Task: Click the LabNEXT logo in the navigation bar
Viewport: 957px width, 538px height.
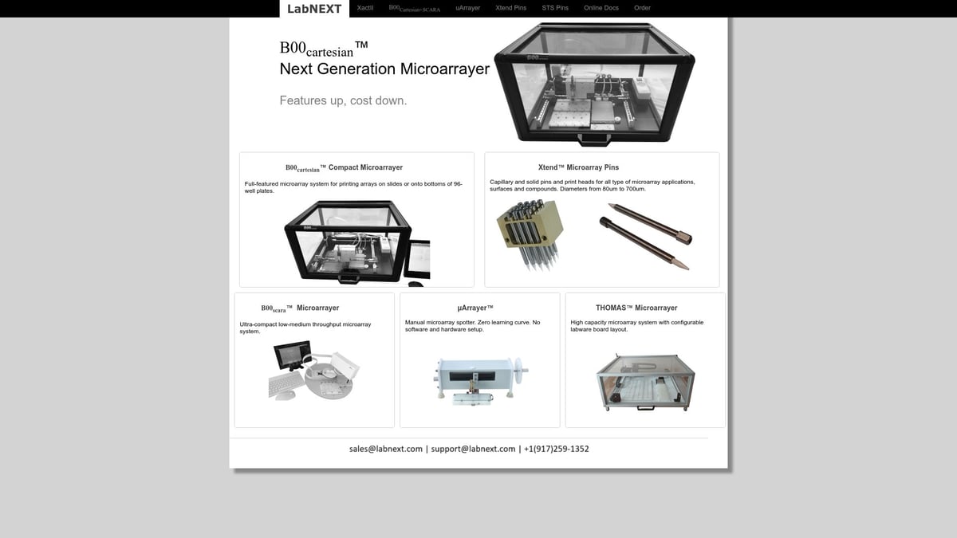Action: pos(314,9)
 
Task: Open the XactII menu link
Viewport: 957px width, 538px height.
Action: pos(365,8)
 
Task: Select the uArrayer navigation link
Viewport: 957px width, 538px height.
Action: pos(467,8)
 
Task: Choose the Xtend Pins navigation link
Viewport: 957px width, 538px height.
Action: pos(510,8)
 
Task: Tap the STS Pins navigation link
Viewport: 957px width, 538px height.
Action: pos(555,8)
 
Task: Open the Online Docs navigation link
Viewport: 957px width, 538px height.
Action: pos(601,8)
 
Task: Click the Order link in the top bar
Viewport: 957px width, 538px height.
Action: pos(642,8)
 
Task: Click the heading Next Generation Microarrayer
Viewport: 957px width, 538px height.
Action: pos(384,69)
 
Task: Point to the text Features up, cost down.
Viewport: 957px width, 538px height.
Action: pos(343,100)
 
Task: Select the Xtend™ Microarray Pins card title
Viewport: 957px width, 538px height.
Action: pos(578,167)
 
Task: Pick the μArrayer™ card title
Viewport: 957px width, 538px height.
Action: pos(475,308)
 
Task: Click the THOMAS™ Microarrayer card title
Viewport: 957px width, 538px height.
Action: pos(636,308)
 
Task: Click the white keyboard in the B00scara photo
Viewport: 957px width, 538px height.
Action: pos(285,385)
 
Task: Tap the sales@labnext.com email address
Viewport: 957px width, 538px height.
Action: pos(385,449)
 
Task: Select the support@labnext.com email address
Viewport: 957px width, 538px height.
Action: pos(473,449)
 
